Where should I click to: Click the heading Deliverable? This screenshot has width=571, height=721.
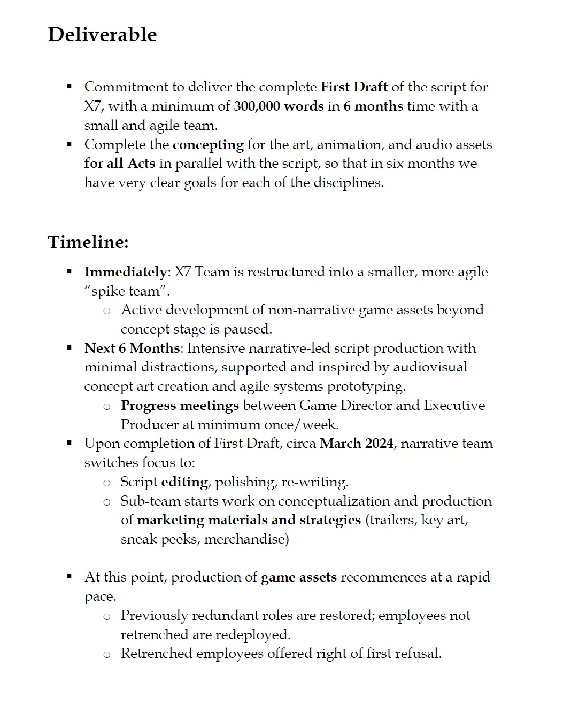(102, 35)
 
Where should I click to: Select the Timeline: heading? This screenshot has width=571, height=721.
(88, 242)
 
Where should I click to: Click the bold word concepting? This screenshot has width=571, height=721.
(208, 145)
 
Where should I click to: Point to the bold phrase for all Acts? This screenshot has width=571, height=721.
(119, 164)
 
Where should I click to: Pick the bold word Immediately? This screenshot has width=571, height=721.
(126, 272)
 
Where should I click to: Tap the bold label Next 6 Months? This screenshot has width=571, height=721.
(132, 348)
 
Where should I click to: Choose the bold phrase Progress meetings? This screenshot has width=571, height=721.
(180, 406)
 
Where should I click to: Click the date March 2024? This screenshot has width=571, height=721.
(357, 444)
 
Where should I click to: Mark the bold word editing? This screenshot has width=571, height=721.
(184, 482)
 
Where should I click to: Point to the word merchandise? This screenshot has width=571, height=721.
(246, 539)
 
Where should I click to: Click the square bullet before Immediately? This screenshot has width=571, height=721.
(69, 272)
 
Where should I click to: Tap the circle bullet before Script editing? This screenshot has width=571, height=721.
(107, 483)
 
